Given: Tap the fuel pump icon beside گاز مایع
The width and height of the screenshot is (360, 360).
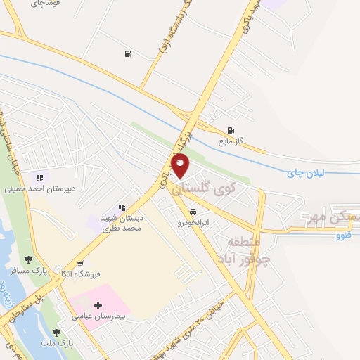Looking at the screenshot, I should tap(231, 130).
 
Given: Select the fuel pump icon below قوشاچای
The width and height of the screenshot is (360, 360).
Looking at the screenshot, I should tap(127, 53).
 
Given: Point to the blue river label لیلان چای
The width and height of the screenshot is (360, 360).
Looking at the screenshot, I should tap(307, 172).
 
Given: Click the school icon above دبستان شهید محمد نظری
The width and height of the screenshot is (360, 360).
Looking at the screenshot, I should tap(121, 207).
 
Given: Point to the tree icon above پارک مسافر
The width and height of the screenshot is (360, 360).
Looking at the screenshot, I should tap(28, 259).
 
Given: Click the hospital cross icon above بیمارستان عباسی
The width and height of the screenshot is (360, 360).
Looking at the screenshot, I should tap(98, 306).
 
